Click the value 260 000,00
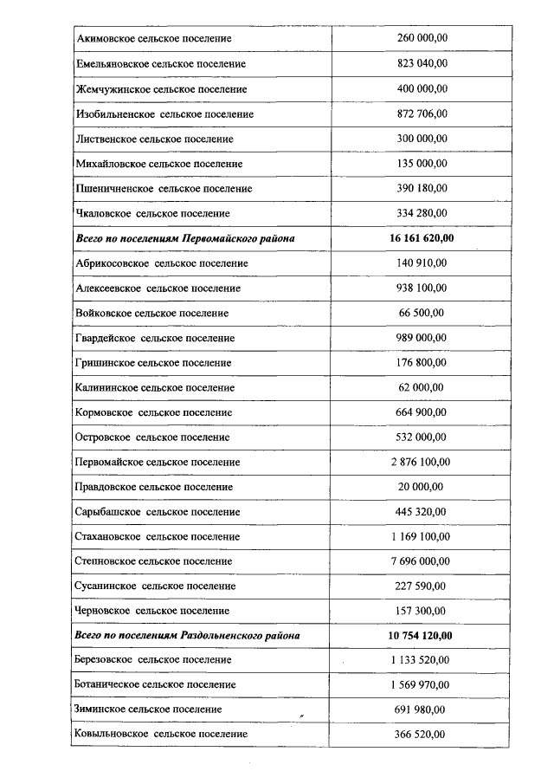421,39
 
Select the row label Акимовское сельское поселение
154,39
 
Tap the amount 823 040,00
421,64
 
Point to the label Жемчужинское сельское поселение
161,89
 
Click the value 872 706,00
421,113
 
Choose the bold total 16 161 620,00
421,238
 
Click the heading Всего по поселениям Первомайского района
184,238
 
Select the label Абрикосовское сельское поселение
162,262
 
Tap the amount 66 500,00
421,313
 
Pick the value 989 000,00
421,337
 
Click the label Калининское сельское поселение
155,387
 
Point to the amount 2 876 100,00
421,462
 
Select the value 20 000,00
421,487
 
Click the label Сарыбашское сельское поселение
158,511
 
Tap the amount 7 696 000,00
421,560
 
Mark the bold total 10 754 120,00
421,635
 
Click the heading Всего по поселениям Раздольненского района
188,635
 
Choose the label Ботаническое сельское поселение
156,684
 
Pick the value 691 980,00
421,709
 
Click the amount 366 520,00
421,734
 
